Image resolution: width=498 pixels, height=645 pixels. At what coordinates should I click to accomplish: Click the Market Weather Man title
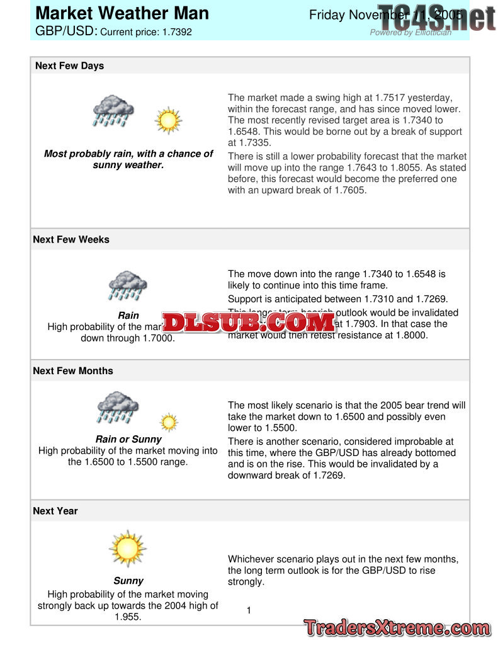coord(122,13)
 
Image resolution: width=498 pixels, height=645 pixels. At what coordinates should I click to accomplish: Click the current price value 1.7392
coord(176,31)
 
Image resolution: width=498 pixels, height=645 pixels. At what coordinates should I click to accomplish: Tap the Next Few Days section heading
coord(69,66)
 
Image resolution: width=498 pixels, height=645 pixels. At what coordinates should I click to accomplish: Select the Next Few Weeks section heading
coord(71,239)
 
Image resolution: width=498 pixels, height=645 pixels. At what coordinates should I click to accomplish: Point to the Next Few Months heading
coord(73,371)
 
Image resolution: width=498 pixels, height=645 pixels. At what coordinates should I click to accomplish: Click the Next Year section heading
coord(55,511)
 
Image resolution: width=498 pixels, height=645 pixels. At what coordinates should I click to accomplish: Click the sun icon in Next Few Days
coord(168,120)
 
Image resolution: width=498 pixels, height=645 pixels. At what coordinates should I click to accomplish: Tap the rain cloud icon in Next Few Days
coord(113,111)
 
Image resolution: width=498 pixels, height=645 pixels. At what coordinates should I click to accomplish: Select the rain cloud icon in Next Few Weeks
coord(128,286)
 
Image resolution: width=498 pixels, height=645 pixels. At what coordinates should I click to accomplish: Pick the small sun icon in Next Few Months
coord(169,422)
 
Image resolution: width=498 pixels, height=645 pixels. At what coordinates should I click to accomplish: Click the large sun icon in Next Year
coord(128,548)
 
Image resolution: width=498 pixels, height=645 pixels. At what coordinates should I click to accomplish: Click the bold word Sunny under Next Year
coord(128,581)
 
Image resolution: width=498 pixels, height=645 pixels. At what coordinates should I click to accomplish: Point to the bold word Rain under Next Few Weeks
coord(128,316)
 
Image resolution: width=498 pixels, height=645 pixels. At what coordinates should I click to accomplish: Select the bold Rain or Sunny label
coord(128,439)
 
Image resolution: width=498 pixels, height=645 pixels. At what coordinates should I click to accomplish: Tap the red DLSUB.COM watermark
coord(249,322)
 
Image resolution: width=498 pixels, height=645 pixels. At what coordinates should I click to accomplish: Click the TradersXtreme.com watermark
coord(397,628)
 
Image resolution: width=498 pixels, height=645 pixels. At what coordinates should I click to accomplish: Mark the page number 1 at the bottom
coord(249,610)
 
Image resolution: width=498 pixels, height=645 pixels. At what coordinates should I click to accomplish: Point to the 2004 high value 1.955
coord(128,617)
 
